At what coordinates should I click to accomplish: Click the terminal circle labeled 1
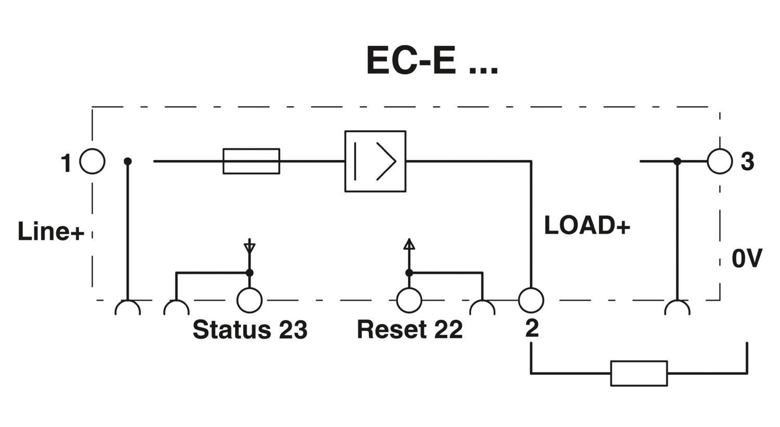(93, 161)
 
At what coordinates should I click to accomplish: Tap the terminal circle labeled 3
(720, 161)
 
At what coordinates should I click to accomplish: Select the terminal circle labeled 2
(531, 300)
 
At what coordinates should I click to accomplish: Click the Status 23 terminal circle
(250, 300)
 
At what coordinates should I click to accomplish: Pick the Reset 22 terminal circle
(409, 300)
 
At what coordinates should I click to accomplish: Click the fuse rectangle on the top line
(251, 161)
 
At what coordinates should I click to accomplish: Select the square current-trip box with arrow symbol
(375, 161)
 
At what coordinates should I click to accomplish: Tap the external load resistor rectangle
(639, 373)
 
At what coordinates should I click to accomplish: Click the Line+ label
(50, 232)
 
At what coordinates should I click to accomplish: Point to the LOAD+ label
(587, 225)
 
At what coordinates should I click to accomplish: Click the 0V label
(747, 258)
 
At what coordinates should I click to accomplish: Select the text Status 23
(250, 330)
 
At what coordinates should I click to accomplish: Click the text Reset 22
(409, 330)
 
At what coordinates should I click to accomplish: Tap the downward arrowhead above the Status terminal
(250, 247)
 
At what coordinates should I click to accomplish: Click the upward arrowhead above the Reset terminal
(409, 244)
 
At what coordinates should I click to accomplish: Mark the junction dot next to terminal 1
(127, 161)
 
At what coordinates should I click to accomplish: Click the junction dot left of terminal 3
(677, 161)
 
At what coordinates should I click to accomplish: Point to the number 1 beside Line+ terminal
(66, 163)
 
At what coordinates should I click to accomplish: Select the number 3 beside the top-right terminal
(747, 162)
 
